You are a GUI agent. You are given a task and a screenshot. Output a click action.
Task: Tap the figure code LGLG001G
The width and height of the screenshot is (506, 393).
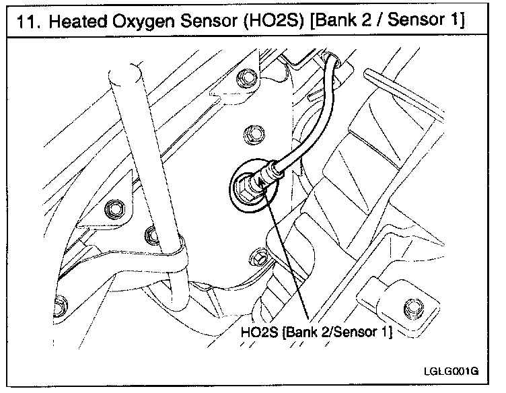tap(451, 371)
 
